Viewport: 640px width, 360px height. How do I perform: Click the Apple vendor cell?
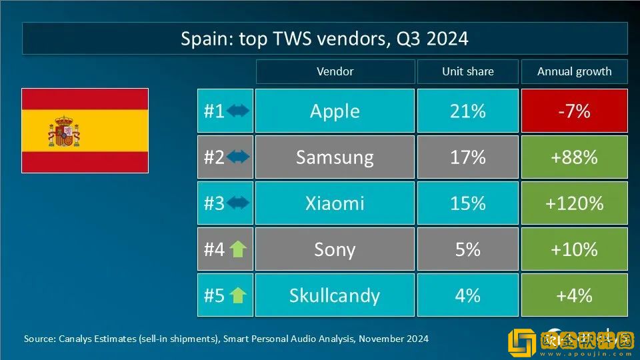[335, 111]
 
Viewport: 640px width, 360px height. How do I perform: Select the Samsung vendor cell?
[335, 157]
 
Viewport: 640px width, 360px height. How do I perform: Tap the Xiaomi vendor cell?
[335, 203]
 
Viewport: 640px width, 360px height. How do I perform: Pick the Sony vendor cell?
[335, 249]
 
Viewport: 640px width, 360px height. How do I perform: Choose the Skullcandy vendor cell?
[335, 295]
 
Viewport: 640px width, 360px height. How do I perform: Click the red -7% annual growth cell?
[574, 111]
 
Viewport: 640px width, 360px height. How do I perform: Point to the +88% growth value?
[574, 157]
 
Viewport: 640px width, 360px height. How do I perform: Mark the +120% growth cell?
[574, 203]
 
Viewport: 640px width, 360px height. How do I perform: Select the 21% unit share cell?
[467, 111]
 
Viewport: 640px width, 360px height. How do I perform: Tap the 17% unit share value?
[467, 157]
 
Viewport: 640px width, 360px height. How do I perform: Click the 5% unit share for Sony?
[467, 249]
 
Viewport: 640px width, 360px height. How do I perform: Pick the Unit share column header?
[467, 71]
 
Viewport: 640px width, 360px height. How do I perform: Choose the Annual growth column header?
[574, 71]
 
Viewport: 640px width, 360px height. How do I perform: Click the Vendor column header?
[335, 71]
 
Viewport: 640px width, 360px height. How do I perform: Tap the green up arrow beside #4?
[238, 249]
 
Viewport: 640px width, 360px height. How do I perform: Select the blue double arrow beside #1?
[238, 111]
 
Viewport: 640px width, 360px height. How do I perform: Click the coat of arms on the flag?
[64, 131]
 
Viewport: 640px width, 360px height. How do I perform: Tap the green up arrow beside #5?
[238, 295]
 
